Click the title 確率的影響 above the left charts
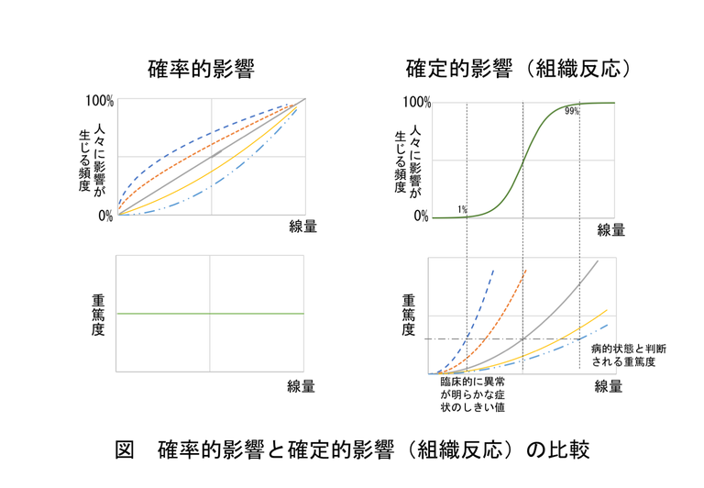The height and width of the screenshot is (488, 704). [x=200, y=69]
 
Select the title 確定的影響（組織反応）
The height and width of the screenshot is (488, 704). [x=522, y=69]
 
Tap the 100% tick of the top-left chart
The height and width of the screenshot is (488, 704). [x=98, y=101]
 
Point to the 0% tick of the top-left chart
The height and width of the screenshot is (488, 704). [x=104, y=216]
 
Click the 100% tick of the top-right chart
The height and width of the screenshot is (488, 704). [x=415, y=102]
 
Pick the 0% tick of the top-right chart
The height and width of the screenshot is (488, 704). [x=421, y=216]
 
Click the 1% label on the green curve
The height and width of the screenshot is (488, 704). [x=463, y=210]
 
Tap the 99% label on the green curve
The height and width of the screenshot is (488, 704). [x=572, y=111]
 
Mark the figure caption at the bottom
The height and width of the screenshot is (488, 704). [x=352, y=449]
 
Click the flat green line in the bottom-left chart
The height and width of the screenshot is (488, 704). [x=210, y=314]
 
